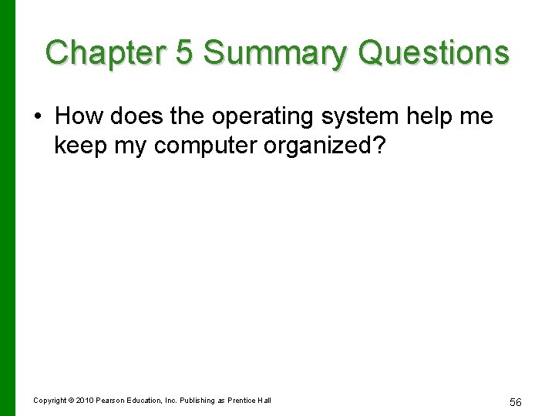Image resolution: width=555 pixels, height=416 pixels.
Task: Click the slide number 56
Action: [x=516, y=402]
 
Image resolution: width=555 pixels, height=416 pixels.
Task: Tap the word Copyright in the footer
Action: [x=50, y=401]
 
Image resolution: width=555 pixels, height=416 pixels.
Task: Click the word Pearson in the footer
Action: [x=110, y=400]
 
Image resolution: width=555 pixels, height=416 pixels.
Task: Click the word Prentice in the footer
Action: [x=245, y=400]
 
